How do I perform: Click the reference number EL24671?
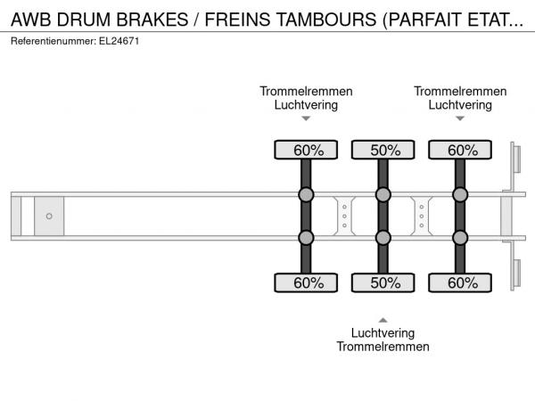pos(119,41)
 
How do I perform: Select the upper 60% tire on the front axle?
pos(306,150)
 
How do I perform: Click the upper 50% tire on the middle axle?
pos(383,150)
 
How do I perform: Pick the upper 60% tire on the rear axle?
pos(460,150)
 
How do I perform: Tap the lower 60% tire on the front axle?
pos(306,282)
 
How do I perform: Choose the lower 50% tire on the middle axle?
pos(383,282)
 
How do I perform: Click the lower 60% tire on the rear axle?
pos(460,282)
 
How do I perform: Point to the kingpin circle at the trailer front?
pos(49,217)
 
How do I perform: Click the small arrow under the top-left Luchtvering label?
pos(306,119)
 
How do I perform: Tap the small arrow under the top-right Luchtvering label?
pos(460,119)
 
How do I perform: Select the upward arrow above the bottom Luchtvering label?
pos(383,320)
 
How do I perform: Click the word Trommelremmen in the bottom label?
pos(383,347)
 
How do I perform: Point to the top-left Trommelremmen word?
pos(306,91)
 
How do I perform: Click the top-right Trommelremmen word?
pos(460,91)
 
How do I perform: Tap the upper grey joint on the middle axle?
pos(383,194)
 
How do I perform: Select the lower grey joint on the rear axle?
pos(460,238)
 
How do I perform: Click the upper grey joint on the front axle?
pos(306,194)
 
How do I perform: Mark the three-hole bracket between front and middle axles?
pos(344,217)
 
